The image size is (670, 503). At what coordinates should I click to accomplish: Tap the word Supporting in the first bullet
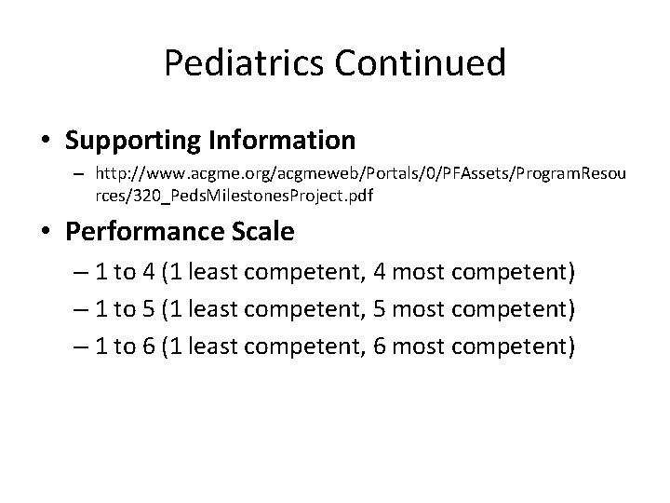coord(130,141)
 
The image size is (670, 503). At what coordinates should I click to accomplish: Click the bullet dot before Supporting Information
coord(47,142)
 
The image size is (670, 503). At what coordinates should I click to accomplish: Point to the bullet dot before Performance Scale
coord(47,232)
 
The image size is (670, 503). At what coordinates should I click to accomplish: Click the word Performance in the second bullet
coord(142,231)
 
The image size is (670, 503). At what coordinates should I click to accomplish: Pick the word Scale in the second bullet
coord(261,231)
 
